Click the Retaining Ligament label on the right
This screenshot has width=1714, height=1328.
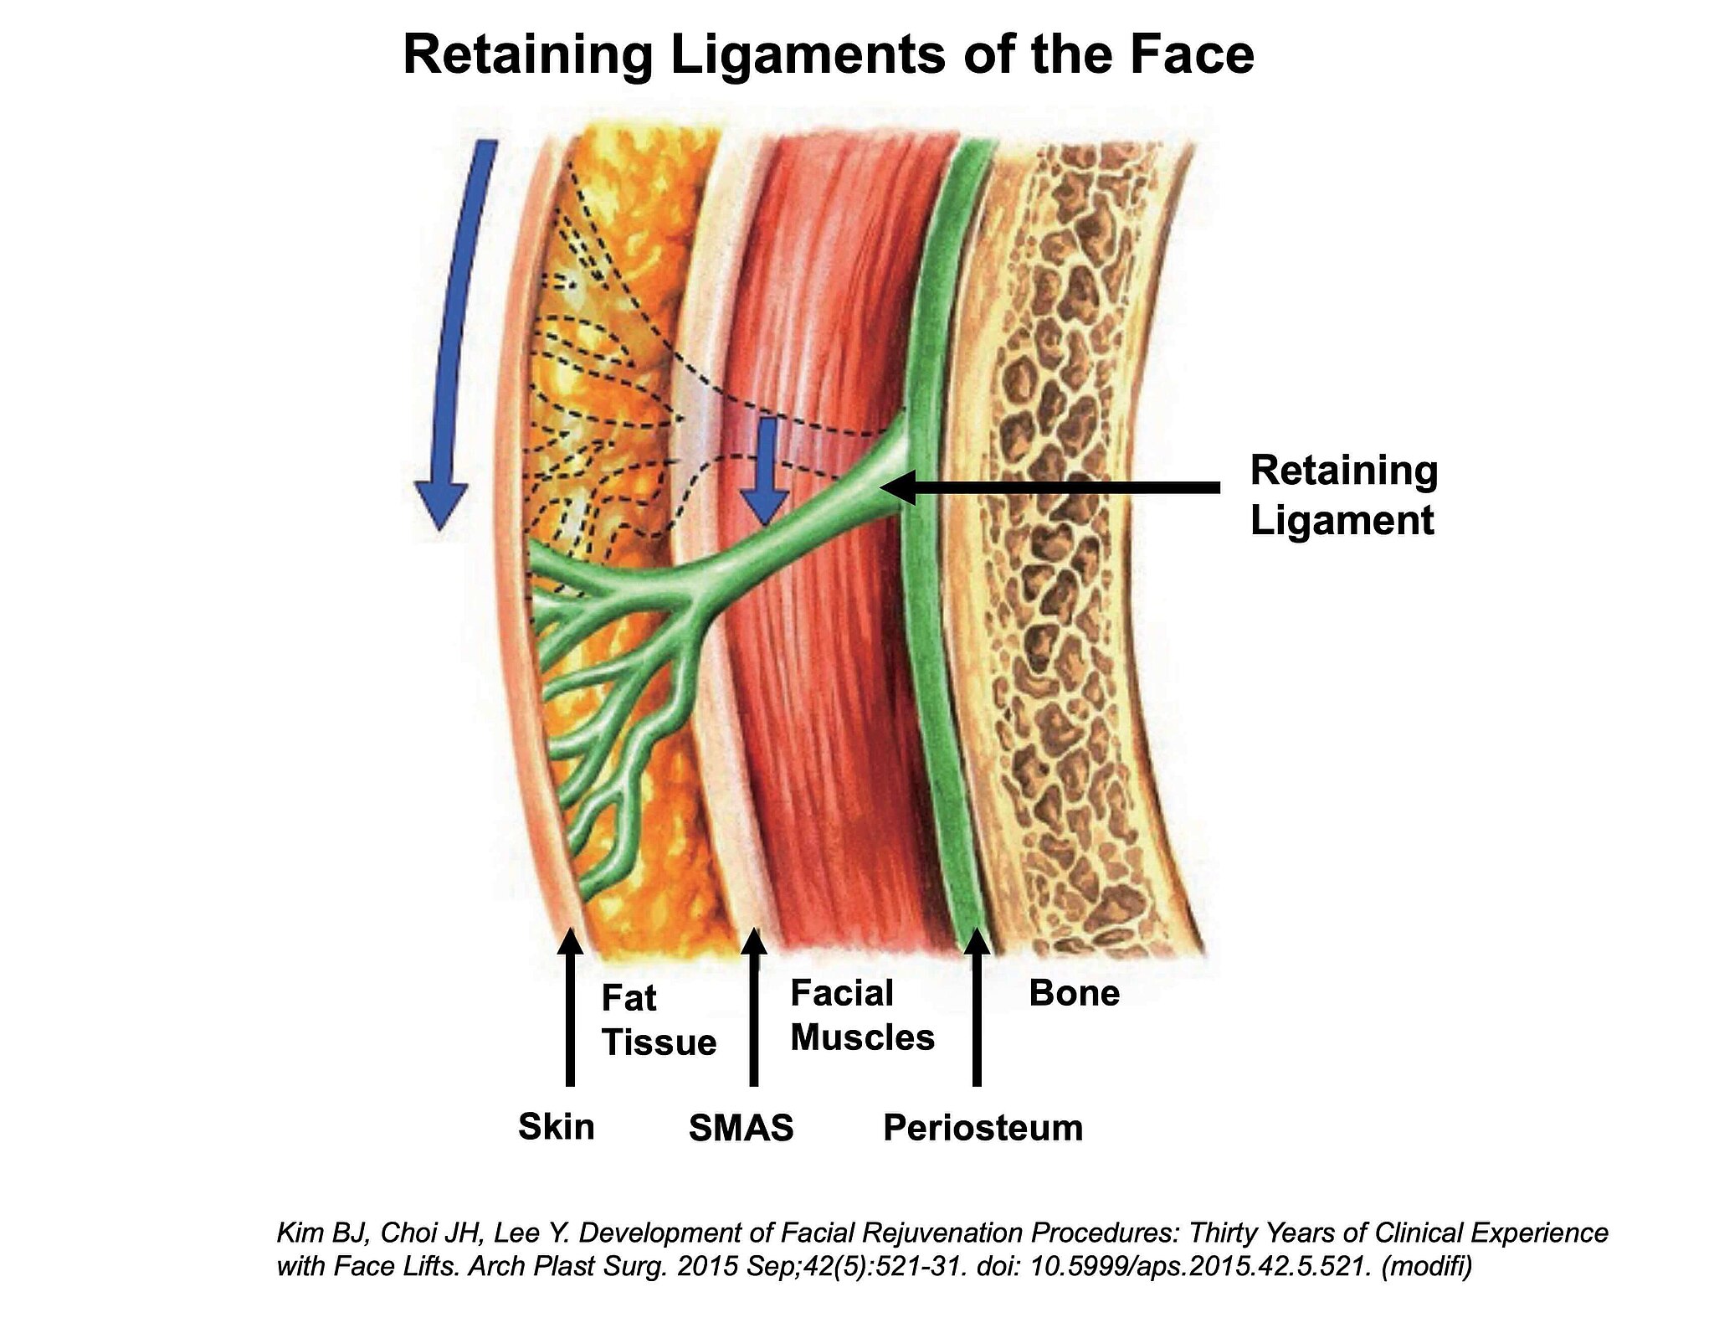pyautogui.click(x=1343, y=495)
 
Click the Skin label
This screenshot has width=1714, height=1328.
pyautogui.click(x=557, y=1126)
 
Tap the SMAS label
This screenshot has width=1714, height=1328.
pyautogui.click(x=741, y=1128)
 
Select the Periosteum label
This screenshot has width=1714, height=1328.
pyautogui.click(x=983, y=1128)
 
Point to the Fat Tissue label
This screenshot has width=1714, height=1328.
pyautogui.click(x=659, y=1021)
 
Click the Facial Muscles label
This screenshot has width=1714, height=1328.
pyautogui.click(x=862, y=1016)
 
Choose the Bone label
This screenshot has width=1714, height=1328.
pyautogui.click(x=1074, y=993)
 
